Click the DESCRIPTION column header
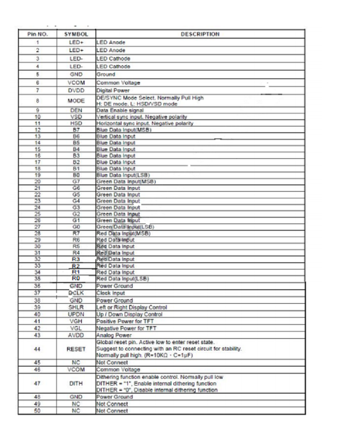click(x=201, y=34)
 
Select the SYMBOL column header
click(x=76, y=34)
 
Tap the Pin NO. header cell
click(x=39, y=34)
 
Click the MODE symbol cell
click(x=76, y=101)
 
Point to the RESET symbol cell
click(x=76, y=349)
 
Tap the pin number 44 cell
click(x=39, y=349)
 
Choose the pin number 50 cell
click(x=39, y=411)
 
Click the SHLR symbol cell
click(x=76, y=307)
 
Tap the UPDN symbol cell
click(x=76, y=314)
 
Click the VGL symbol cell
click(x=76, y=328)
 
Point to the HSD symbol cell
click(x=76, y=123)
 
